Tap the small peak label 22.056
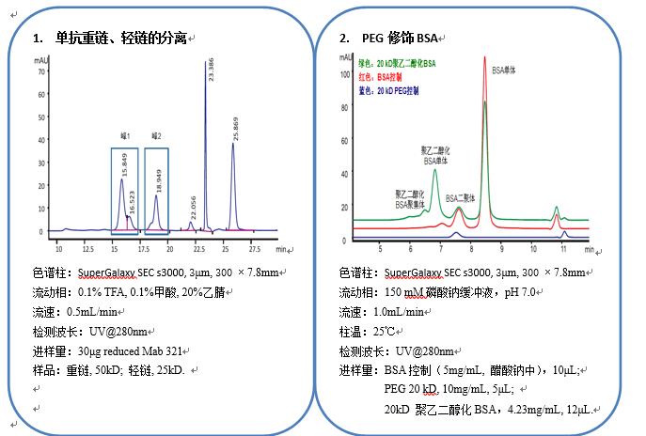point(193,209)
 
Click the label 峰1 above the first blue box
point(124,136)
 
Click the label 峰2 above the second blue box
point(155,136)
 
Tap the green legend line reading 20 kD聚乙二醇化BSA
point(397,63)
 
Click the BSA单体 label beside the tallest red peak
point(503,70)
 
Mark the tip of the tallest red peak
point(484,57)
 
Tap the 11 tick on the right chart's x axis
point(561,251)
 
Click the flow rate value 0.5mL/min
point(103,312)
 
